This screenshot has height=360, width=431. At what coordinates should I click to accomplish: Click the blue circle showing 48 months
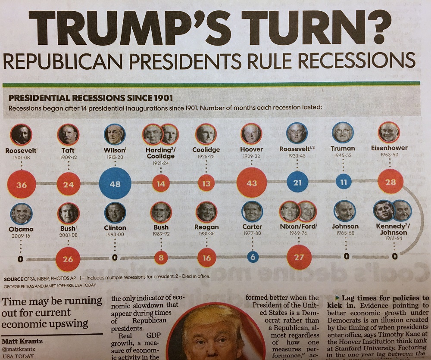coord(115,184)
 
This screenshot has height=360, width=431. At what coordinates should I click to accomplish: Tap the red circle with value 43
coord(252,183)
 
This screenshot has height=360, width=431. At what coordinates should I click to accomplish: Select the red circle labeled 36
coord(21,185)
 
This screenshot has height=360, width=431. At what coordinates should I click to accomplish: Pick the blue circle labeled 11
coord(343,182)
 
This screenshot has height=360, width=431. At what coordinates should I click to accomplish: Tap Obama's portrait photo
coord(21,214)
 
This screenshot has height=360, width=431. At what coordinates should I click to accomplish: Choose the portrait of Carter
coord(252,212)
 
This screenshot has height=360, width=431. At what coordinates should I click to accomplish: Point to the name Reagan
coord(207,227)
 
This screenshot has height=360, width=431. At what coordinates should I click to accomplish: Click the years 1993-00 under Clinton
coord(115,234)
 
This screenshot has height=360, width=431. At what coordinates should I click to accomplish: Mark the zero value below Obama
coord(20,259)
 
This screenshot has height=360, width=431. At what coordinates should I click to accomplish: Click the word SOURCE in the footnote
coord(13,276)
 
